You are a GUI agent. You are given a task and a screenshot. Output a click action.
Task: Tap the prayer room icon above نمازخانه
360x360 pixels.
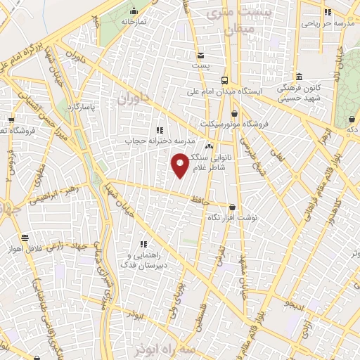[x=134, y=11]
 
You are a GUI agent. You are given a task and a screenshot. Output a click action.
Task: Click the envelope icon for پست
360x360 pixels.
[x=201, y=56]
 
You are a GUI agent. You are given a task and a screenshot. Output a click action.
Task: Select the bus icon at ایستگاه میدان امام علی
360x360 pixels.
[x=224, y=79]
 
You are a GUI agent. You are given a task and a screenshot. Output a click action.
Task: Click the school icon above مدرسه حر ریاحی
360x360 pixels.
[x=328, y=12]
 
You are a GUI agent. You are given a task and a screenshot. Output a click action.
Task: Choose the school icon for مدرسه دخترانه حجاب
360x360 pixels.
[x=160, y=130]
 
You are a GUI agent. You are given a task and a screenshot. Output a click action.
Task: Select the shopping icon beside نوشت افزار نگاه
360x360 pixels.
[x=233, y=207]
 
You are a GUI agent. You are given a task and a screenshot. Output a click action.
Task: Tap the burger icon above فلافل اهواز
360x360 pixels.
[x=25, y=238]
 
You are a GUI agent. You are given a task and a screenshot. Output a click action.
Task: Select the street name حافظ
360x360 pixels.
[x=201, y=200]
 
